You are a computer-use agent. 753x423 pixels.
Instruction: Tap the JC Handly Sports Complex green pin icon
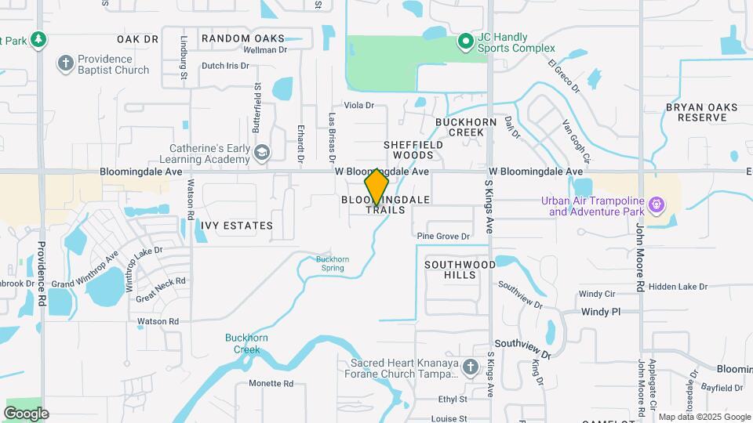pos(465,42)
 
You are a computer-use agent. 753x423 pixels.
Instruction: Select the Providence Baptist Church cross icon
pos(66,63)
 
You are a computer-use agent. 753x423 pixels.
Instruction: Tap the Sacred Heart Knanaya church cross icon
pos(469,367)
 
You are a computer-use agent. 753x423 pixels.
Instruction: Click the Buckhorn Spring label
pos(333,263)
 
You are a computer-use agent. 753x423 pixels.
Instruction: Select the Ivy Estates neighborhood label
pos(236,226)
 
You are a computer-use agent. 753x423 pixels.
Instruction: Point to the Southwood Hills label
pos(460,269)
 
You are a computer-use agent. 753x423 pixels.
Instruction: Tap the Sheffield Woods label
pos(413,150)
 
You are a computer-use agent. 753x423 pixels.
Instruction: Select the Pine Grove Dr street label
pos(443,236)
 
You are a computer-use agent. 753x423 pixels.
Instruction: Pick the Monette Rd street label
pos(271,384)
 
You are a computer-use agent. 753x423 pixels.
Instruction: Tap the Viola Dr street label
pos(359,105)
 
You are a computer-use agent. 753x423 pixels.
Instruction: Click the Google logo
pos(26,413)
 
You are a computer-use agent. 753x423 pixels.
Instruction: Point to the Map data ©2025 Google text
pos(704,417)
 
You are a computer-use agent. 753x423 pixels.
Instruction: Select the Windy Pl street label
pos(601,312)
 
